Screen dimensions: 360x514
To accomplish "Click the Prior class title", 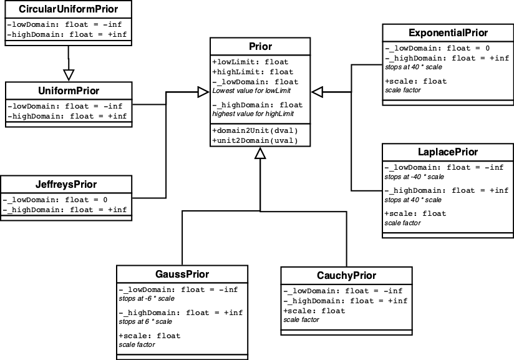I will (x=260, y=47).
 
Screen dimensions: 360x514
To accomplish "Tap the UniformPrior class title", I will (x=68, y=91).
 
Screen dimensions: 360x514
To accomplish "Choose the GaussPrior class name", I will (x=182, y=275).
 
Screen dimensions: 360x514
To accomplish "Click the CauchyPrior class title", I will (x=346, y=276).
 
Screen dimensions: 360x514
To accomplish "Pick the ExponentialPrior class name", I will (x=448, y=32).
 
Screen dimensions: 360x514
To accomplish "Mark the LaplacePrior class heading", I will (x=447, y=152).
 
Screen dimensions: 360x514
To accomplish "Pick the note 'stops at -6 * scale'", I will (x=146, y=299).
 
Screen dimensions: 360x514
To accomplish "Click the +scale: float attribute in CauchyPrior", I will (x=314, y=310).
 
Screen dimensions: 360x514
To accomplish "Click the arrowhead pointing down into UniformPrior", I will (x=69, y=74).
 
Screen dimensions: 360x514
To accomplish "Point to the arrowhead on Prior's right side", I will (x=318, y=92).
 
